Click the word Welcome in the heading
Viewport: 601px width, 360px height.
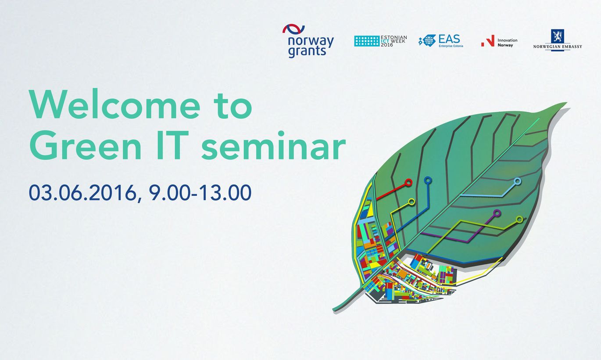tap(114, 104)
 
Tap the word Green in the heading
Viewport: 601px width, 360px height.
tap(85, 145)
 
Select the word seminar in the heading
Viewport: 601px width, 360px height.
tap(274, 145)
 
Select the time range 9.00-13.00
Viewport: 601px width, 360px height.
tap(200, 192)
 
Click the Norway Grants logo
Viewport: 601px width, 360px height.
tap(308, 41)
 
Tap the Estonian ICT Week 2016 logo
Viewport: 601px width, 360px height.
tap(380, 41)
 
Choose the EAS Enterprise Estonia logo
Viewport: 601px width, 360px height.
tap(441, 41)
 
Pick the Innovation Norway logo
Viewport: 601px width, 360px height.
tap(499, 41)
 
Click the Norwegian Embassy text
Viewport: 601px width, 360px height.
tap(558, 47)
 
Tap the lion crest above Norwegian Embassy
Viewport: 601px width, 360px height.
tap(558, 36)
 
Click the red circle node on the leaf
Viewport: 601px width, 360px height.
tap(408, 183)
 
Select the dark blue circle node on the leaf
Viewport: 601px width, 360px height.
tap(428, 180)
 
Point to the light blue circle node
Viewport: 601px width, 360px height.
tap(517, 181)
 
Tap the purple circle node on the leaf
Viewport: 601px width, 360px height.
tap(497, 213)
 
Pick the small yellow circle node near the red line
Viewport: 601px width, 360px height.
tap(411, 202)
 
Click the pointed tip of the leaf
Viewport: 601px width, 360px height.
tap(567, 103)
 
